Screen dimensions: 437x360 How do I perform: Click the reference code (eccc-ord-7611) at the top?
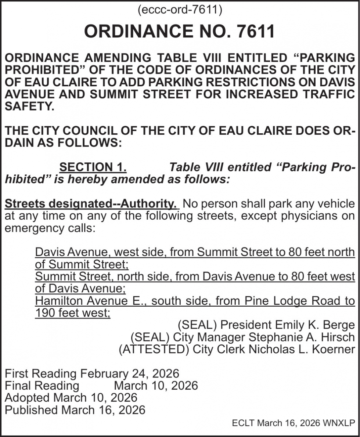180,10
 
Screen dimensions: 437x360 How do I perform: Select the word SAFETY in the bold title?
29,106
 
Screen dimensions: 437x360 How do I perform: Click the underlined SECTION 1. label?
93,167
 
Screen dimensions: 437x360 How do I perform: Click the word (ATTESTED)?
154,349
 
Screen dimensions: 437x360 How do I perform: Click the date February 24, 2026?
130,374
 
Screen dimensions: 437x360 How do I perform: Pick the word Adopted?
27,398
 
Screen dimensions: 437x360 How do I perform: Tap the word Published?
32,410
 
